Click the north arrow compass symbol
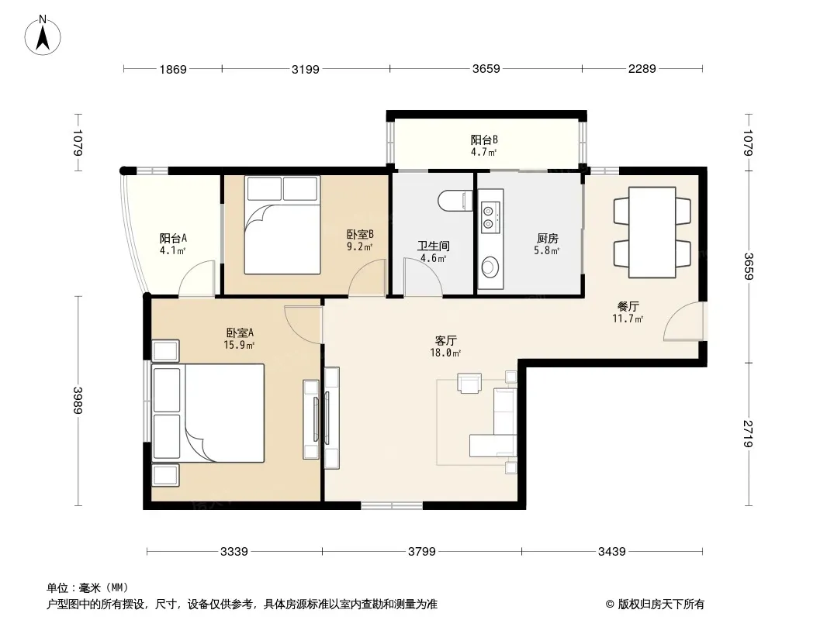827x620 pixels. (x=43, y=36)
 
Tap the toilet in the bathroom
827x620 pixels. (x=455, y=201)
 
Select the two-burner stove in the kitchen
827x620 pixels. (x=489, y=217)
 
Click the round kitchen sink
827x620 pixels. (x=490, y=267)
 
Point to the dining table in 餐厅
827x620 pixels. (x=652, y=232)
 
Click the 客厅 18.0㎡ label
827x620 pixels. (x=445, y=346)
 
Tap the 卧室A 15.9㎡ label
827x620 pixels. (x=240, y=339)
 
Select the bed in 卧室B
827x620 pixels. (x=282, y=225)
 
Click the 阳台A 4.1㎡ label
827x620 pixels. (x=173, y=244)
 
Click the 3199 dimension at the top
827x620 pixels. (x=306, y=69)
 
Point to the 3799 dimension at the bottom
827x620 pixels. (x=422, y=552)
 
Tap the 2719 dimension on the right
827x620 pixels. (x=747, y=433)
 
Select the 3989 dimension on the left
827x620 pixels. (x=78, y=401)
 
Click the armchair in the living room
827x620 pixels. (x=469, y=383)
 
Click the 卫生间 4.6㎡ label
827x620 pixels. (x=433, y=252)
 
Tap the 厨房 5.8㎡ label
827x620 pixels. (x=547, y=244)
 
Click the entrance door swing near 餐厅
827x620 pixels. (x=683, y=322)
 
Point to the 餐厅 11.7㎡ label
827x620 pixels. (x=628, y=312)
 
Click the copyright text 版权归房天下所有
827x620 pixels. (x=655, y=604)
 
